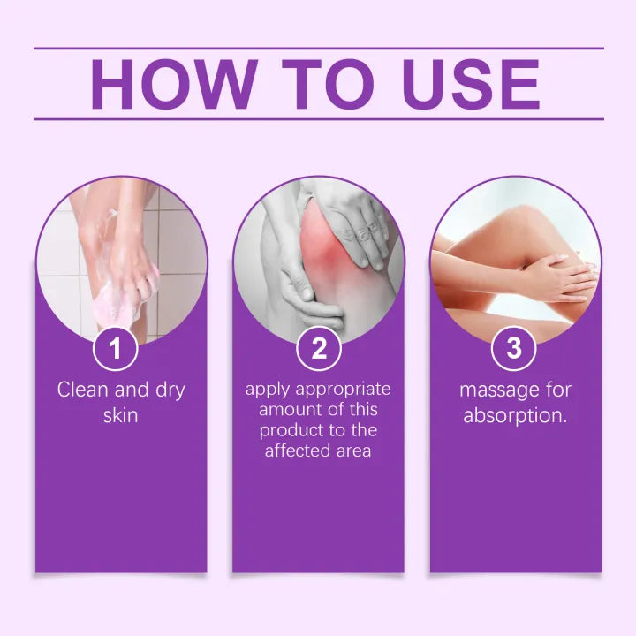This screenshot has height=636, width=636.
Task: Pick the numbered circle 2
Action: coord(318,348)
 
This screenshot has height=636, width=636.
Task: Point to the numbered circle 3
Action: coord(515,348)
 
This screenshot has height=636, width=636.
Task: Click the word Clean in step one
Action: coord(81,390)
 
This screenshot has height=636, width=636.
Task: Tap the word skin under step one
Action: coord(121,413)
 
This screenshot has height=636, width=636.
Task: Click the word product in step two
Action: coord(288,430)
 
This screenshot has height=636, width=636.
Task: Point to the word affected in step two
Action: coord(296,450)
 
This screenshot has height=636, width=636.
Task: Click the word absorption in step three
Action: coord(515,415)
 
